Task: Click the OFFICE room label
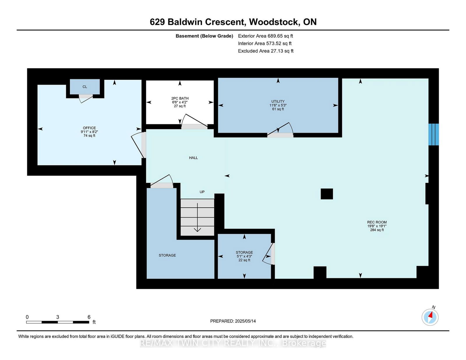89,128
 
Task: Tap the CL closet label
85,87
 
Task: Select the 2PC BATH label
180,98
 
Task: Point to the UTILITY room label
278,101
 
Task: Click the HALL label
193,158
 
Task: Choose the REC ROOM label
377,222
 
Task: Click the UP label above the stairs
202,192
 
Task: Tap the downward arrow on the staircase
197,217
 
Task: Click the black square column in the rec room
326,194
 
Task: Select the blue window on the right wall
433,135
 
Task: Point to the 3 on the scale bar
57,317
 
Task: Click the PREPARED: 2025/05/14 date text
233,321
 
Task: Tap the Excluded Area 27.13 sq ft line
266,51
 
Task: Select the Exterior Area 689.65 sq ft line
266,36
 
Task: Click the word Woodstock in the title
274,22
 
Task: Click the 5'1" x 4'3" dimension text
244,256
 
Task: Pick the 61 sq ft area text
278,109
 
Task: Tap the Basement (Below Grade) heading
204,36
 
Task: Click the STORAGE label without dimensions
167,255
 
